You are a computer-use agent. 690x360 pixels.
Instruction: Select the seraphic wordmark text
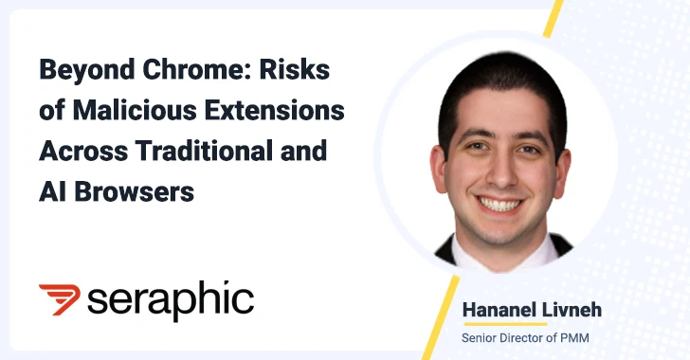(x=171, y=301)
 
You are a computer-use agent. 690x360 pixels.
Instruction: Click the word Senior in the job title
(x=481, y=338)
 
